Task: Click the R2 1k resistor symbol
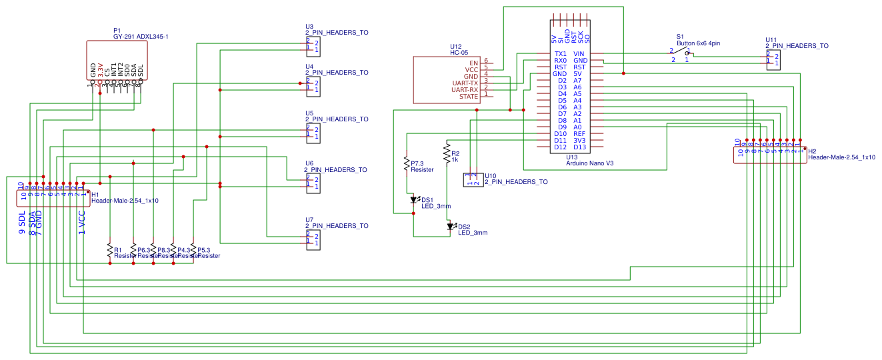pos(447,154)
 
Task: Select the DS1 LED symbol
pos(413,199)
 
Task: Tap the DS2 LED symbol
pos(450,227)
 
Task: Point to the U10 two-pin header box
pos(473,179)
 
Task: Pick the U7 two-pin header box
pos(313,240)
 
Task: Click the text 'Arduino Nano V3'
pos(589,163)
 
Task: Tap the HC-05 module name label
pos(459,52)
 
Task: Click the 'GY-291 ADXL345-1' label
pos(141,37)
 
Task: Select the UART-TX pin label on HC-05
pos(465,83)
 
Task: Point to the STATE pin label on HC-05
pos(468,97)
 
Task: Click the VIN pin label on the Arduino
pos(579,54)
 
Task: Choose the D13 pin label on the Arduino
pos(579,147)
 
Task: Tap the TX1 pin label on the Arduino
pos(560,54)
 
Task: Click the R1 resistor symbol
pos(109,251)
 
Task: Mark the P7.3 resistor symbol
pos(406,163)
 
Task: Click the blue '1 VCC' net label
pos(82,223)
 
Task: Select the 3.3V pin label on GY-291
pos(100,69)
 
